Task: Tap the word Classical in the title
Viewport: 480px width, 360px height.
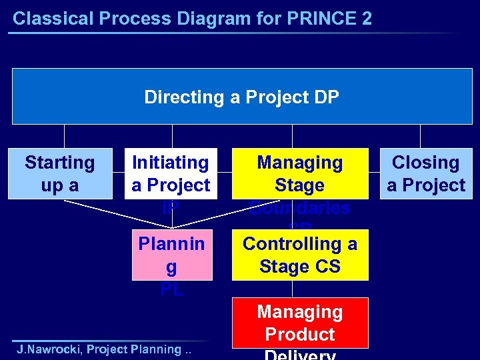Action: [x=45, y=18]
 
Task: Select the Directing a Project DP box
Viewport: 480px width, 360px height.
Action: [x=241, y=97]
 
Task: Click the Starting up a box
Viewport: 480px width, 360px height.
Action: [x=59, y=173]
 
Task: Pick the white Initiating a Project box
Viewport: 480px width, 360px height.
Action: [x=171, y=173]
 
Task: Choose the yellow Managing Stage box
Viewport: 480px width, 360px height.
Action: [x=299, y=173]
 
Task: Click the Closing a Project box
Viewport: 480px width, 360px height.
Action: [x=426, y=173]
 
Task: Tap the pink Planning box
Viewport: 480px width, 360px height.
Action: [x=171, y=255]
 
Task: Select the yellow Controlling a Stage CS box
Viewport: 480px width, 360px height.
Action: [x=299, y=255]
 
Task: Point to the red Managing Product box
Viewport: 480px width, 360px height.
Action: [x=299, y=323]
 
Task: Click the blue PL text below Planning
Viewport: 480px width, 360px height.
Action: [x=171, y=290]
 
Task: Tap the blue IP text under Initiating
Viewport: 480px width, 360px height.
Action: [x=171, y=207]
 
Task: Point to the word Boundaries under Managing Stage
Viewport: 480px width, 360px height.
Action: [x=299, y=208]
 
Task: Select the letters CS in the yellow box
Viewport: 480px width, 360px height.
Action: [x=327, y=267]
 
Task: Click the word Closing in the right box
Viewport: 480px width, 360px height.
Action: [x=425, y=163]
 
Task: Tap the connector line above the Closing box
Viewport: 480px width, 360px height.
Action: [x=421, y=136]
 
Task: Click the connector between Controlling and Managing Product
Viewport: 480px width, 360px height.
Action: [x=291, y=289]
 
